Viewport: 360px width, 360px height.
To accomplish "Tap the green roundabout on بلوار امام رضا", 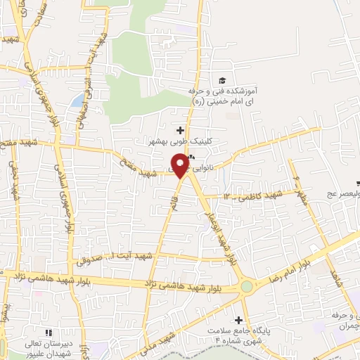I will [x=247, y=287].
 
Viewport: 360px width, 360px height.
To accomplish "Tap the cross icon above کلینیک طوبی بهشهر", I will [x=181, y=129].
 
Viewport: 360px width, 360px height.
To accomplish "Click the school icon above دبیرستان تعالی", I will [x=48, y=332].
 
